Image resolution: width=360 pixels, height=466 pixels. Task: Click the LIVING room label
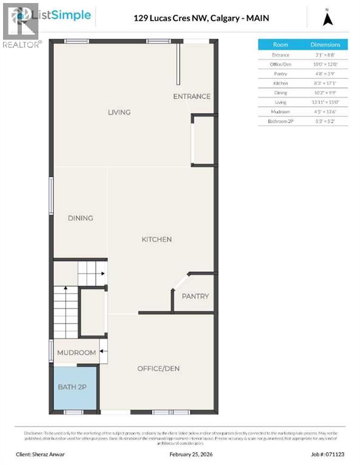119,112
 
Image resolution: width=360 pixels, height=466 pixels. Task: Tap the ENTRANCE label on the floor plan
192,96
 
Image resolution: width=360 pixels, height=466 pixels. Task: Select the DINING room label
80,218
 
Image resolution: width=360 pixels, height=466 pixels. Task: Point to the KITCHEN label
157,240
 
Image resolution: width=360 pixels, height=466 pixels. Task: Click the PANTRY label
195,297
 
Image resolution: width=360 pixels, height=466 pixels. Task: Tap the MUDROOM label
76,353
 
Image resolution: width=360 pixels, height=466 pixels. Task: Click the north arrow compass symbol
328,18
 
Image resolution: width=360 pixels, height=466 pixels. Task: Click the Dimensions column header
325,45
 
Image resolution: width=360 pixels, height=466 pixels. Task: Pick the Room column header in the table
280,45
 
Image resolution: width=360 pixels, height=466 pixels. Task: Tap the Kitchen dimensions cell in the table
325,83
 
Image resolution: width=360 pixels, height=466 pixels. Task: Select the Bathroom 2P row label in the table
280,121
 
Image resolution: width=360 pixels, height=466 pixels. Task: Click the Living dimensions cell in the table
325,103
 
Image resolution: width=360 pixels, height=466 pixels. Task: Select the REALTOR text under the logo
22,44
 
